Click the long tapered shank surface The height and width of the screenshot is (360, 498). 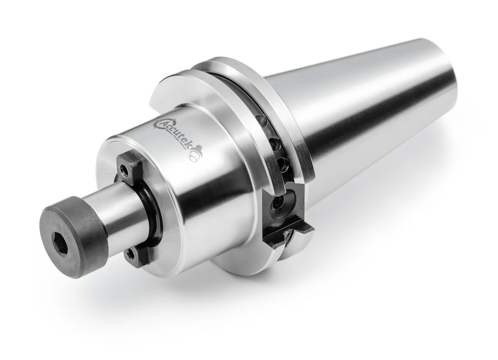click(373, 114)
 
